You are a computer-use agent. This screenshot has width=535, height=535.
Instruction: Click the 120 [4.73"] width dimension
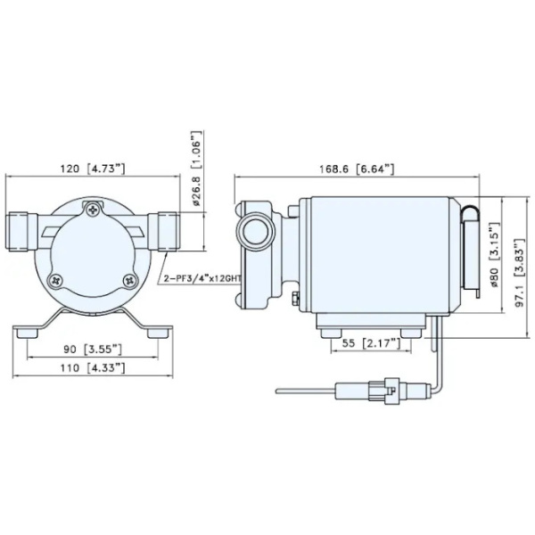pos(97,168)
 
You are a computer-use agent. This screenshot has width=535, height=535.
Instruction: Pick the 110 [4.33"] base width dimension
pos(97,366)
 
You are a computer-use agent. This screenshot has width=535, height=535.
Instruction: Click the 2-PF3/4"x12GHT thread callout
pos(204,278)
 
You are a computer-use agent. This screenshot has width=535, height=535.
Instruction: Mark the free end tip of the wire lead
pos(279,390)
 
